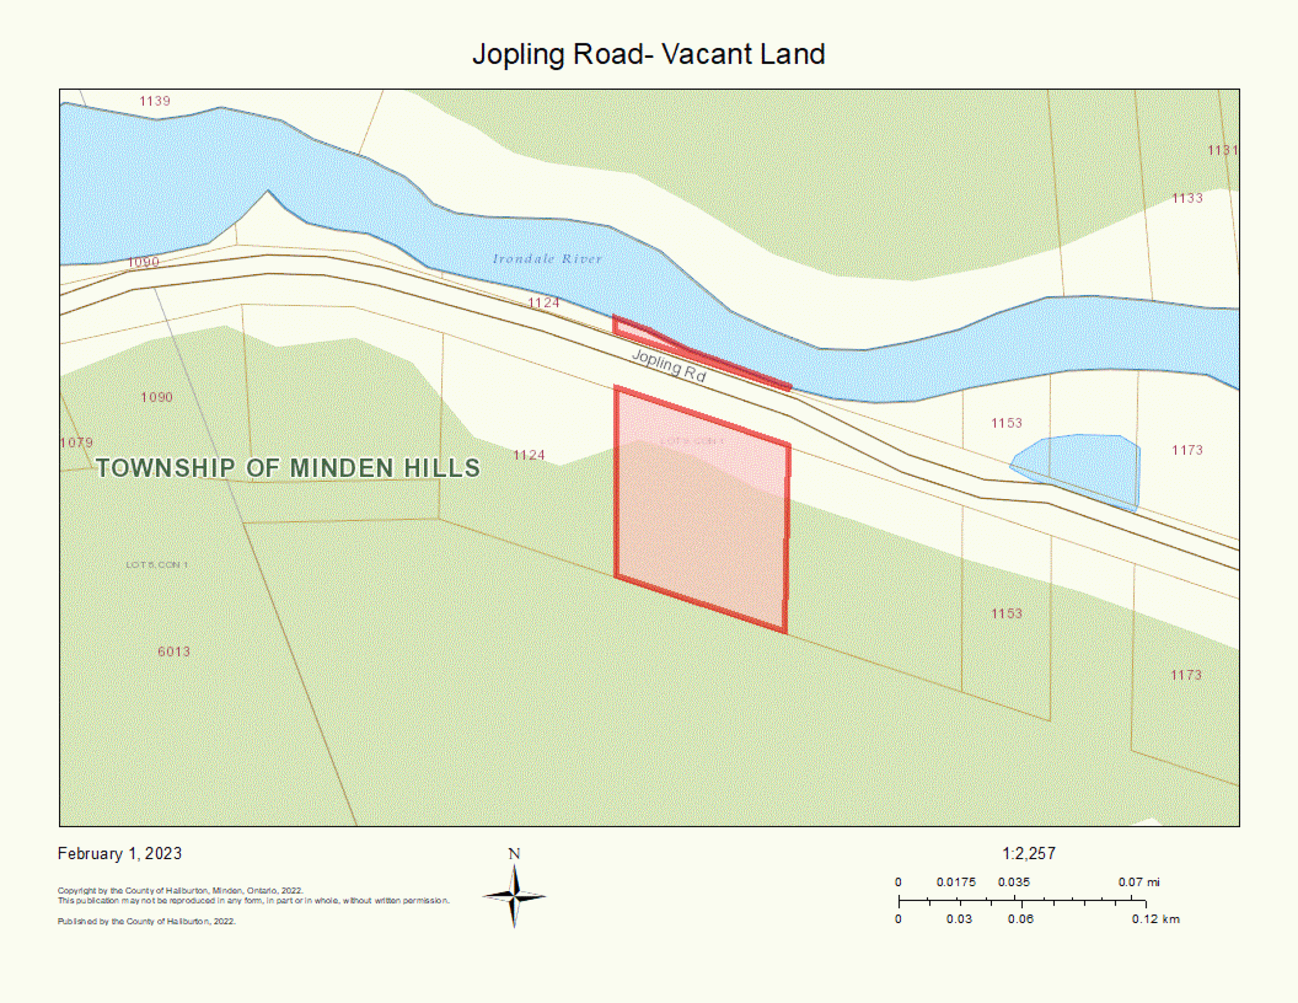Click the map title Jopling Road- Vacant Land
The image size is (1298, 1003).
click(648, 54)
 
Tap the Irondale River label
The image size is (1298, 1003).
click(547, 258)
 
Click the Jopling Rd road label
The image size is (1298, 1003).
click(668, 365)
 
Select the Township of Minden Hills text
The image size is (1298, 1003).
click(288, 468)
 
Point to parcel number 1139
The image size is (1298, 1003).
click(155, 101)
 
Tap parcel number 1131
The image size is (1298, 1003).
click(1222, 150)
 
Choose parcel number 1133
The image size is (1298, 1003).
click(1187, 198)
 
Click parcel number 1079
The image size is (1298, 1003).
click(77, 443)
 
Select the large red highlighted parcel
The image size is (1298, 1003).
click(701, 523)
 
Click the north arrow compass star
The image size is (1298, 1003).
click(515, 896)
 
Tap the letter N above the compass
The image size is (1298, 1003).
click(514, 854)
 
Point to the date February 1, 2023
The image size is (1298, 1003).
click(120, 853)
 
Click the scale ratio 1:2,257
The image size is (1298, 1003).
click(1029, 853)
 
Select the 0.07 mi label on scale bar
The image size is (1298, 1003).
click(1138, 882)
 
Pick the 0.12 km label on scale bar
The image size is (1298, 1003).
click(1155, 919)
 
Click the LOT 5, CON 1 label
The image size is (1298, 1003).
click(156, 564)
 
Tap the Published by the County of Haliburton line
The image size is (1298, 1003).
click(146, 921)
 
